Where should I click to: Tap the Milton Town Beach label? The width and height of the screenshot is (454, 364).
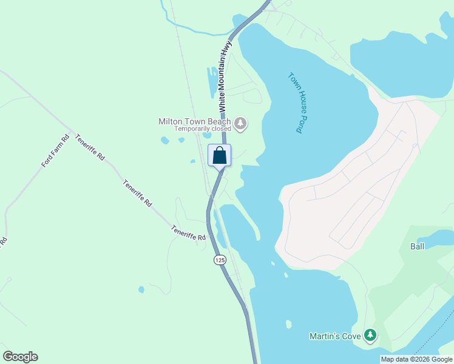194,121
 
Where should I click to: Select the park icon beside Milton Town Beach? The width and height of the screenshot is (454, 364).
241,124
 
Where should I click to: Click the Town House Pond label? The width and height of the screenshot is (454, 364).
296,103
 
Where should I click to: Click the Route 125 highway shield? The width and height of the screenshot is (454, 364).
219,260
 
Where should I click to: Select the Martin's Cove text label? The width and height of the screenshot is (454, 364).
335,335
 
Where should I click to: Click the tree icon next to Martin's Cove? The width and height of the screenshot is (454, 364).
370,335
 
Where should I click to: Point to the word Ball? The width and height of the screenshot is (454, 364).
417,246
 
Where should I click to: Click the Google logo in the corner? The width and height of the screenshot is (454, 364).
20,357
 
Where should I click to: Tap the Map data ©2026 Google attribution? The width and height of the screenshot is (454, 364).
416,359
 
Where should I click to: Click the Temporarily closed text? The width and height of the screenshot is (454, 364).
203,129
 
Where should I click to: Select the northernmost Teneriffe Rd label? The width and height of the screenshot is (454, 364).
90,147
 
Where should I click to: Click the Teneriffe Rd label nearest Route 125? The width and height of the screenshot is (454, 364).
189,233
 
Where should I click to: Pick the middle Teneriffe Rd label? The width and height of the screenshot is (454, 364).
137,193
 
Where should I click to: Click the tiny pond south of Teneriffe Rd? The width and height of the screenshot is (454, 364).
141,290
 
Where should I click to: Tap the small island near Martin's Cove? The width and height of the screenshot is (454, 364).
288,324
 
